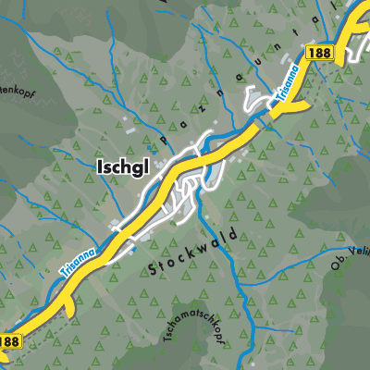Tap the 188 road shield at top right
tap(319, 54)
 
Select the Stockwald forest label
tap(191, 250)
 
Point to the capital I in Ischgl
tap(96, 166)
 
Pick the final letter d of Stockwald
tap(234, 230)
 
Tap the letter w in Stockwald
tap(203, 244)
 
